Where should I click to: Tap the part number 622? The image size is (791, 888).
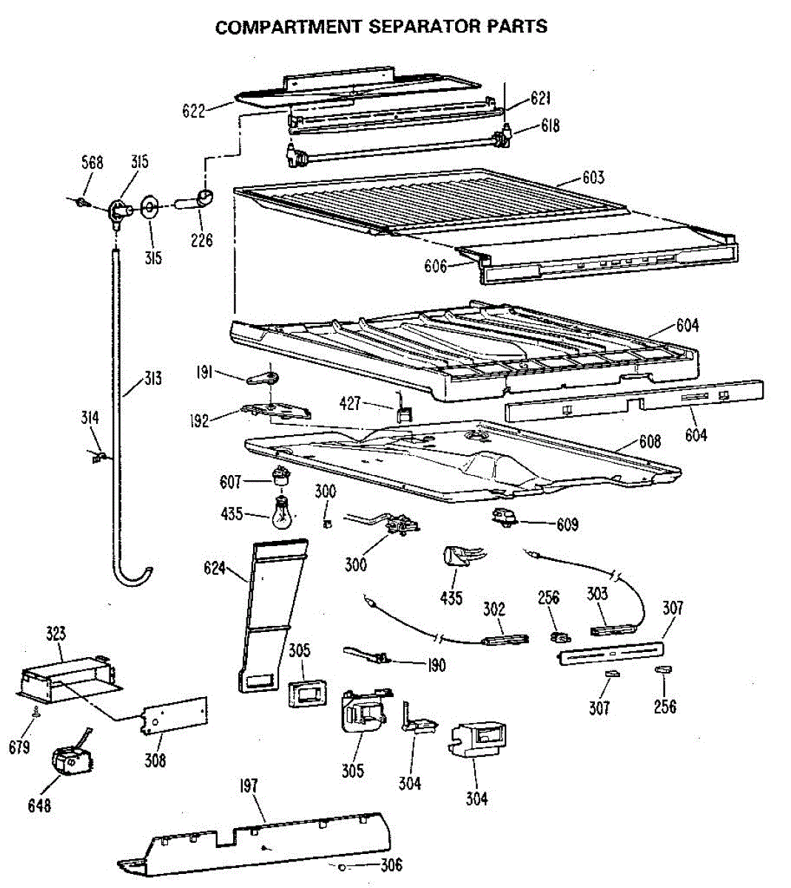(x=193, y=111)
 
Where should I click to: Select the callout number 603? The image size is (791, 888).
(x=593, y=177)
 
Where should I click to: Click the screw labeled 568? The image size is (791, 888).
(x=83, y=201)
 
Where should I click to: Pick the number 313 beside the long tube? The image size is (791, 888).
(x=152, y=380)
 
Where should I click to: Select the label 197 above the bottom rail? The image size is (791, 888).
(x=249, y=784)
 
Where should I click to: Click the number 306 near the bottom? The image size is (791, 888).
(x=391, y=865)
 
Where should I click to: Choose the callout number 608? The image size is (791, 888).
(x=650, y=442)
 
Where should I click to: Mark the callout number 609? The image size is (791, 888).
(x=568, y=525)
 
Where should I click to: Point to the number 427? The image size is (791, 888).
(x=350, y=403)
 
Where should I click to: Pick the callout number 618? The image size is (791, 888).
(x=550, y=126)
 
